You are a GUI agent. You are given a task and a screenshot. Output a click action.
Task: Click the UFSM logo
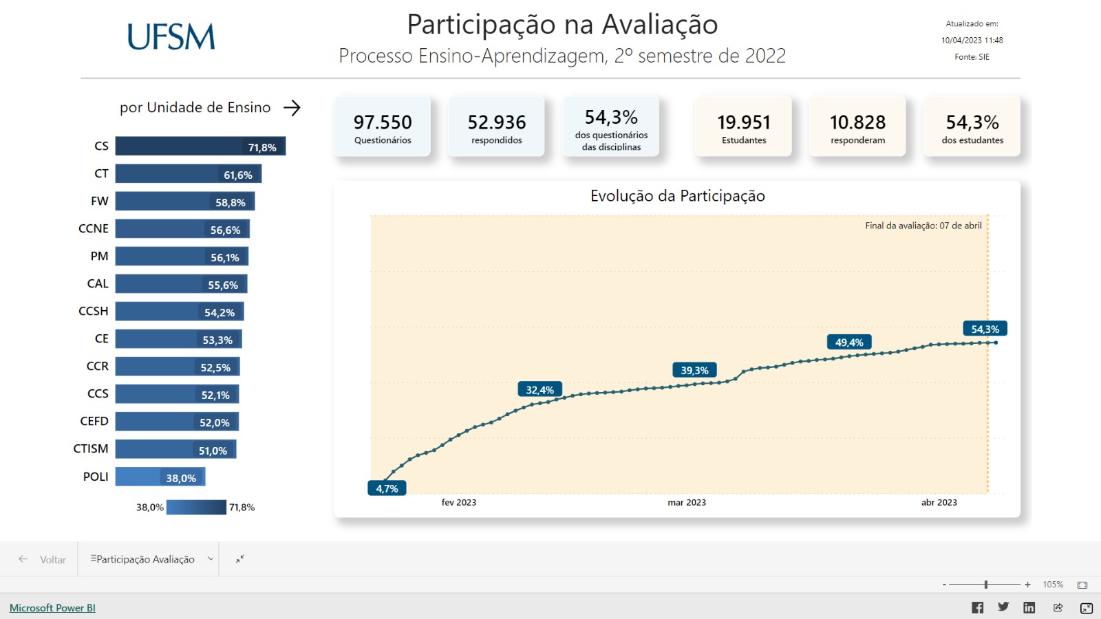click(x=171, y=37)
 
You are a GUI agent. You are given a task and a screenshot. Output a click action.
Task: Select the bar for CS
click(x=200, y=146)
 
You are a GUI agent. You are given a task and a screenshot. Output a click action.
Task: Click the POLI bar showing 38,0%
click(x=160, y=477)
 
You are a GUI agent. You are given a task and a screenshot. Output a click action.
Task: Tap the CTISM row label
click(x=91, y=448)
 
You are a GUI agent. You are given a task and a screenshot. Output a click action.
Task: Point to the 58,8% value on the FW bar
click(x=231, y=202)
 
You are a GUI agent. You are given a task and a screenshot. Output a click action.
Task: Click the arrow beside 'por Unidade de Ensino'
click(x=292, y=107)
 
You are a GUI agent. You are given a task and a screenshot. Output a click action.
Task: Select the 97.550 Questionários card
click(x=383, y=127)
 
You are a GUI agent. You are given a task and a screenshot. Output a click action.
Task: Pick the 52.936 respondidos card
click(x=496, y=127)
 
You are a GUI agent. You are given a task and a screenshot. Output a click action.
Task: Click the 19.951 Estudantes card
click(x=744, y=127)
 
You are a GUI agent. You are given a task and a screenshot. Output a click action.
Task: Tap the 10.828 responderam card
click(x=857, y=127)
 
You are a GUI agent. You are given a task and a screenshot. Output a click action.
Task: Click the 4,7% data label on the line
click(x=387, y=488)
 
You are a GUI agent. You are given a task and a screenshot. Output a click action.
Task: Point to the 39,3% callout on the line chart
click(x=694, y=370)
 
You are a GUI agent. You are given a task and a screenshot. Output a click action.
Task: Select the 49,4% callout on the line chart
click(x=849, y=342)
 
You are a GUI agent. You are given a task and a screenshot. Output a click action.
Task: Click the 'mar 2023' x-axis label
click(x=687, y=502)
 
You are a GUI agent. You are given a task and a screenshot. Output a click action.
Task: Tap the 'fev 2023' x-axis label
click(x=459, y=502)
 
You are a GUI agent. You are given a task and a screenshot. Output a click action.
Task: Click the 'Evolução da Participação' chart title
click(x=677, y=196)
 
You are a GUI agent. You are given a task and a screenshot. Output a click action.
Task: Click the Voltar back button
click(x=43, y=559)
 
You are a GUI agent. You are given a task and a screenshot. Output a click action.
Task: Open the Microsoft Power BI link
click(x=52, y=608)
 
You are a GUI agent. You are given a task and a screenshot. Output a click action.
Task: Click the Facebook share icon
click(x=977, y=607)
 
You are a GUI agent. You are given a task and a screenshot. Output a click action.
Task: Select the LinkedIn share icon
click(x=1029, y=607)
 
